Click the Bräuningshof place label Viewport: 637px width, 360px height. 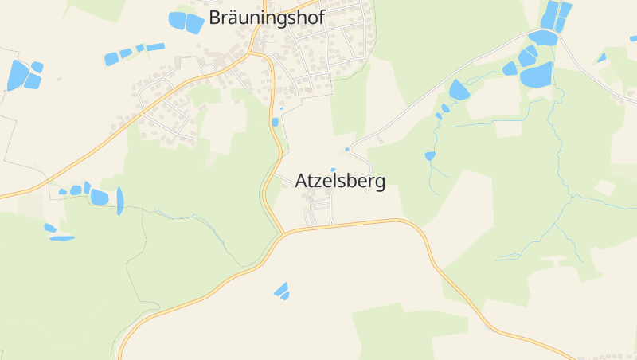(x=267, y=18)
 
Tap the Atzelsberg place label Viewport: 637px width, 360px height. (x=340, y=182)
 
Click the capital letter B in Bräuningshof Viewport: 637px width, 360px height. (x=216, y=18)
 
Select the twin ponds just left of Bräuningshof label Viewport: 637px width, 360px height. (x=186, y=22)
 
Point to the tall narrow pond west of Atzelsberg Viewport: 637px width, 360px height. (x=120, y=201)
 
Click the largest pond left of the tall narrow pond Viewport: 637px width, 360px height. (x=100, y=197)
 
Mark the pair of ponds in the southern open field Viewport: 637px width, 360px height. (x=282, y=292)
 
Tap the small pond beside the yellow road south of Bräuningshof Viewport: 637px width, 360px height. (x=276, y=123)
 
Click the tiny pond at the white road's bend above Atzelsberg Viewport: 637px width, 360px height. (x=347, y=149)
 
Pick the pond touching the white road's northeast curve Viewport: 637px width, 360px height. (x=543, y=37)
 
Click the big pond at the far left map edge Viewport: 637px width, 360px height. (x=17, y=75)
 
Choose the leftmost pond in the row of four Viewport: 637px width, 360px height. (x=111, y=59)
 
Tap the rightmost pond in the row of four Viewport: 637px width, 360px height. (x=155, y=47)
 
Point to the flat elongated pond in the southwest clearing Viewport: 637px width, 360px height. (x=61, y=238)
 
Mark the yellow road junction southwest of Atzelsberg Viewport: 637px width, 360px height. (x=283, y=234)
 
